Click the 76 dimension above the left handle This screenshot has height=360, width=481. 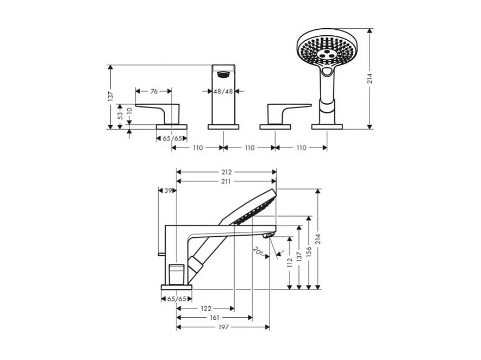click(154, 91)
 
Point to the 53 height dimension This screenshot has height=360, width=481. click(120, 115)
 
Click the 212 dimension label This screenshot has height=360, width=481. click(227, 172)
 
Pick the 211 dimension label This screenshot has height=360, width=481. click(227, 181)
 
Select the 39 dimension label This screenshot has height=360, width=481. click(168, 191)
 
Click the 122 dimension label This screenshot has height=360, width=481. click(205, 308)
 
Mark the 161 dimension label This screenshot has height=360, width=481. click(215, 318)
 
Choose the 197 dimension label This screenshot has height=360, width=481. click(223, 327)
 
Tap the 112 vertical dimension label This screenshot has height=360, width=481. click(290, 262)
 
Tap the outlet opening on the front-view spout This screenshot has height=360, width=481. click(223, 73)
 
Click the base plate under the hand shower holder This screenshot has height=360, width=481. click(327, 127)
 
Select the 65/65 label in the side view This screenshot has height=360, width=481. click(177, 299)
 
